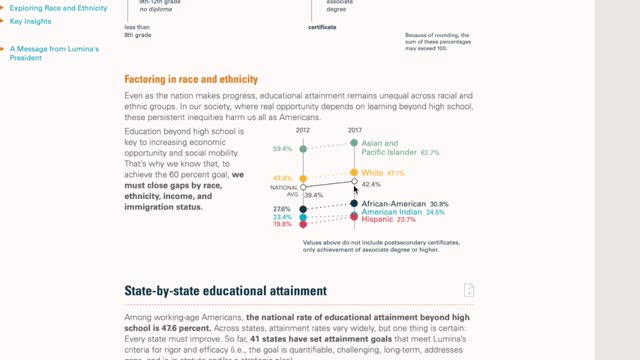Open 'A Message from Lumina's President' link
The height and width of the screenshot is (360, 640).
coord(54,53)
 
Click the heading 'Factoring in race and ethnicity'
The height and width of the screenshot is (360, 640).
coord(191,79)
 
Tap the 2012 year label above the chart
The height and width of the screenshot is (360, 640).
coord(303,131)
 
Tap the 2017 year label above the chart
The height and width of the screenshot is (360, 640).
coord(355,131)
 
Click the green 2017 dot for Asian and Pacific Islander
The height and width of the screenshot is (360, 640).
coord(354,144)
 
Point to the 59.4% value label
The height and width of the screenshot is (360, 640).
coord(282,149)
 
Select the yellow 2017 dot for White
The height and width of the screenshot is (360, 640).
coord(354,172)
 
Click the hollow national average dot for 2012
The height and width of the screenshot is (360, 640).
coord(303,186)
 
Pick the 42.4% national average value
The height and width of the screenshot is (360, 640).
coord(371,184)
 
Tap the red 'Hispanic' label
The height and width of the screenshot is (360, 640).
coord(377,220)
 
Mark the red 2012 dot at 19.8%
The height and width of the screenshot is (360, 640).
coord(303,225)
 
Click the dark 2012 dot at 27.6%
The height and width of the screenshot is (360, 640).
coord(303,209)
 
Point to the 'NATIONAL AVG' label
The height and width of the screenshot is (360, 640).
coord(285,189)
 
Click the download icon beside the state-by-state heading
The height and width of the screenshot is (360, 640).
coord(469,290)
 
